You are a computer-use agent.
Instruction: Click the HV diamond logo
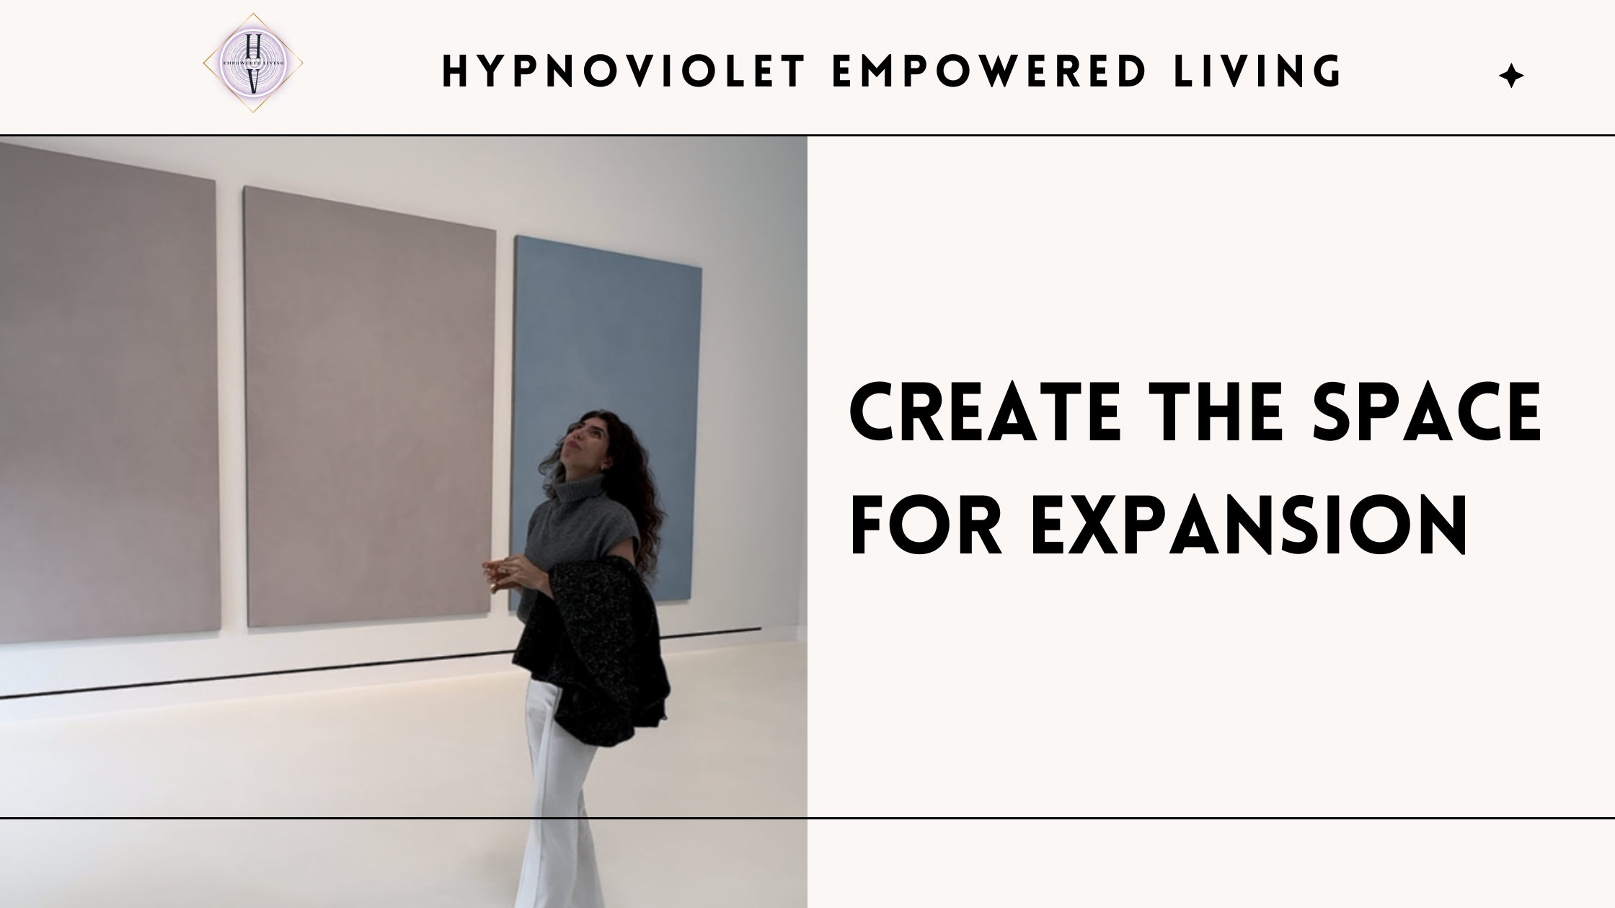point(252,63)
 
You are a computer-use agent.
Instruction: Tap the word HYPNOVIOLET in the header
point(624,72)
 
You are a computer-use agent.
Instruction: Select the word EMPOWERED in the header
point(988,72)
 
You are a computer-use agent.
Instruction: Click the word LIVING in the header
point(1257,72)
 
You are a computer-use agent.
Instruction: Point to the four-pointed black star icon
point(1511,76)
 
